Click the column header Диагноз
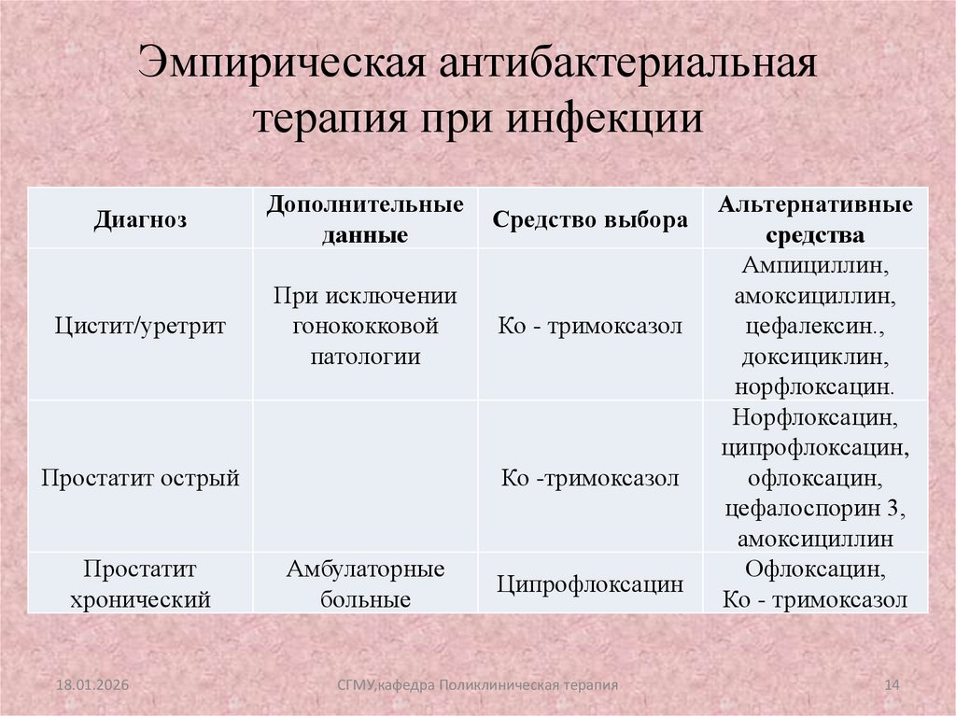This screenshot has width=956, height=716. (x=139, y=220)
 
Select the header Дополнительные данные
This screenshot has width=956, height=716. (x=365, y=219)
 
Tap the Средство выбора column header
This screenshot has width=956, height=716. (x=590, y=220)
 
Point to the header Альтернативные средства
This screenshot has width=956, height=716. (x=815, y=219)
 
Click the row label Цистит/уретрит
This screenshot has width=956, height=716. (x=140, y=326)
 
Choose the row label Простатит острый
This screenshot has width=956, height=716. (x=140, y=478)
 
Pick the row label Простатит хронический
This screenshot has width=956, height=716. (x=140, y=583)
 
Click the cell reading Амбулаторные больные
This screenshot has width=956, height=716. (x=365, y=583)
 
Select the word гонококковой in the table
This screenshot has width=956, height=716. (x=365, y=326)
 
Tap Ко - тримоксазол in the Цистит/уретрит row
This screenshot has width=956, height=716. (x=590, y=326)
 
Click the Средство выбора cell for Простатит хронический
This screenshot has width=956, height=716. (x=590, y=584)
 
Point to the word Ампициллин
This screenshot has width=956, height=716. (x=815, y=266)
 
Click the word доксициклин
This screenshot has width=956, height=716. (x=815, y=357)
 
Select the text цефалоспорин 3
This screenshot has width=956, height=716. (x=815, y=509)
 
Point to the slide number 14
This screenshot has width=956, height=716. (x=891, y=686)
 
